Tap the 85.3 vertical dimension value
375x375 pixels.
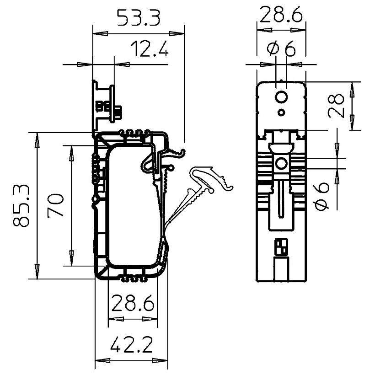pos(22,206)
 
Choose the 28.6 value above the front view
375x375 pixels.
pos(281,16)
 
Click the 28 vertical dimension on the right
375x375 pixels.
pos(337,106)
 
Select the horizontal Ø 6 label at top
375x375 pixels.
pos(281,48)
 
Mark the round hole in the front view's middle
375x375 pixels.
pos(281,163)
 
